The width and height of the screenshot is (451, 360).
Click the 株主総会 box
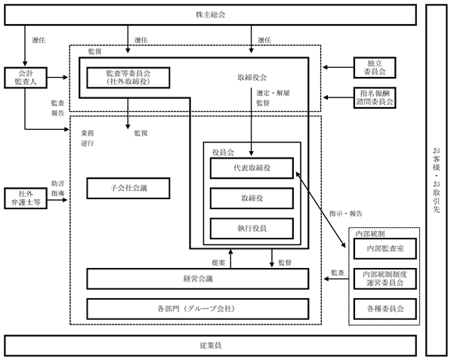point(210,14)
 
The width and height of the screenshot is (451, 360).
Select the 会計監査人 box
point(26,78)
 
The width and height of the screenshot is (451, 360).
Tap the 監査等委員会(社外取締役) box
point(128,78)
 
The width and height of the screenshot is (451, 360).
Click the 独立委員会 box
point(375,67)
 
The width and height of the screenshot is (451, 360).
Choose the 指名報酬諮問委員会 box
point(375,97)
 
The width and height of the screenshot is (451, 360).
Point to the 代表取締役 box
point(252,168)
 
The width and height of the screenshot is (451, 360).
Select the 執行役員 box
point(252,229)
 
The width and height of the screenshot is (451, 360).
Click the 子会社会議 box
point(128,188)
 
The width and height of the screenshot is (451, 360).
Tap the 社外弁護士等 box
point(26,198)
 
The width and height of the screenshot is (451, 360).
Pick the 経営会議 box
point(198,278)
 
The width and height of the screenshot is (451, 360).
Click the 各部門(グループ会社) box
point(198,309)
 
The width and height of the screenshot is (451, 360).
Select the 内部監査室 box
point(385,248)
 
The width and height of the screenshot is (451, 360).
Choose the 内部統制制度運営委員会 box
point(385,278)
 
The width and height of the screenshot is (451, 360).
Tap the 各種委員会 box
point(385,309)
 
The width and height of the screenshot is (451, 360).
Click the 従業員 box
point(210,346)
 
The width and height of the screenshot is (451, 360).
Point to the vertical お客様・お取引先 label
point(437,180)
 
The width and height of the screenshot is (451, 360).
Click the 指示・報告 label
point(346,214)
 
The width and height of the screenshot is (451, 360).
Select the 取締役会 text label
point(252,77)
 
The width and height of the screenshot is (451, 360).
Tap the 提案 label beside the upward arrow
point(218,263)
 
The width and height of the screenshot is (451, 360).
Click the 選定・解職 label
point(273,93)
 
